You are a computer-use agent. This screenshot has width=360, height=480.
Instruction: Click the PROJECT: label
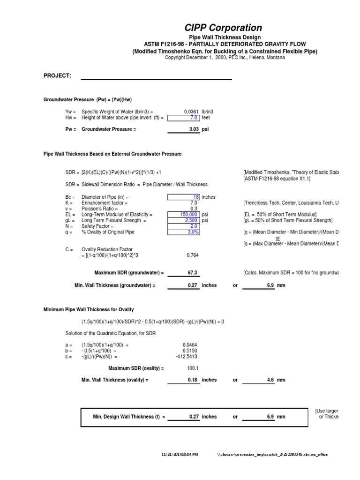coord(57,76)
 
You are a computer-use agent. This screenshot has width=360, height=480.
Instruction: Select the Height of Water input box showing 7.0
coord(183,118)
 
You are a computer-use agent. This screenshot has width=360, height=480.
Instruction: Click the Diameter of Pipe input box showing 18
coord(183,197)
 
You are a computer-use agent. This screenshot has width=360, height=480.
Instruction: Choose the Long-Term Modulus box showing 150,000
coord(183,214)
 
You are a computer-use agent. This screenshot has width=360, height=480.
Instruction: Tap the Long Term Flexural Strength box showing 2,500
coord(183,220)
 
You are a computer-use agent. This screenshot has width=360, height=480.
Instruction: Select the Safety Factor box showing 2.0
coord(183,226)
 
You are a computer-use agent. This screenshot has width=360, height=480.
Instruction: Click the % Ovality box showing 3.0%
coord(183,232)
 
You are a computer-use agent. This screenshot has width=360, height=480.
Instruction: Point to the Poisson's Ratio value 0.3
coord(193,209)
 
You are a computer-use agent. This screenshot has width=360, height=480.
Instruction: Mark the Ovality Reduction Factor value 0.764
coord(192,255)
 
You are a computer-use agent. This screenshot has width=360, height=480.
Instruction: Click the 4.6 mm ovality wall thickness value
coord(270,380)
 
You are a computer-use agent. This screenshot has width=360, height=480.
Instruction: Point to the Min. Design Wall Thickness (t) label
coord(129,416)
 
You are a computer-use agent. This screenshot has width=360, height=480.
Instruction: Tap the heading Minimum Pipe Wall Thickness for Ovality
coord(89,309)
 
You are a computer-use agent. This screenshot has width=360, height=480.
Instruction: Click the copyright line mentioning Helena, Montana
coord(225,57)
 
